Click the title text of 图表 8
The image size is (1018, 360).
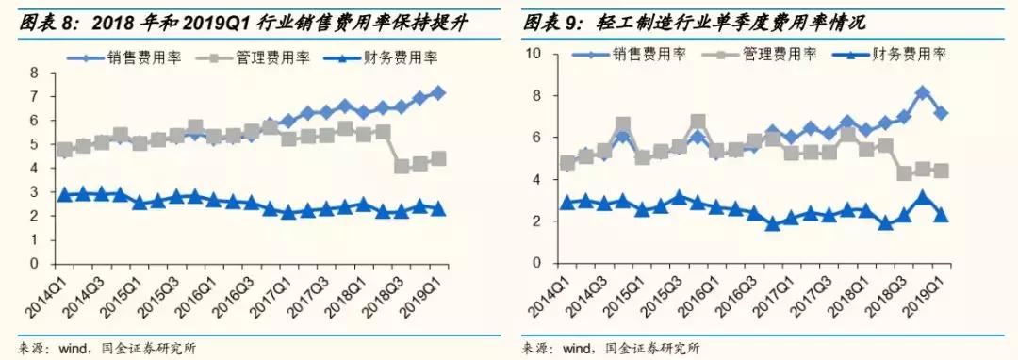click(245, 20)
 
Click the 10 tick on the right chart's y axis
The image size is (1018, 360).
click(533, 55)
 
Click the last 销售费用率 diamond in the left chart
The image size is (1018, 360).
click(438, 93)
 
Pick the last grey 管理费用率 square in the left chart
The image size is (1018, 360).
click(438, 159)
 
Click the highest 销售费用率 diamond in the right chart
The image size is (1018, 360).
click(923, 93)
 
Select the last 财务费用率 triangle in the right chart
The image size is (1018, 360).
click(941, 216)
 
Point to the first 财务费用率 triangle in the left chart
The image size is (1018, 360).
click(64, 194)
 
